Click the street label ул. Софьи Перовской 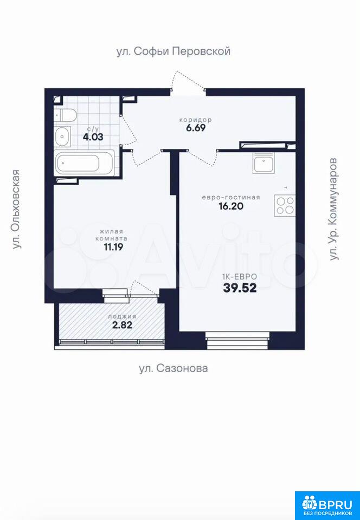click(x=173, y=52)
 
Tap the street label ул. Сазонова click(x=173, y=368)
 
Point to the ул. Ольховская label click(x=16, y=209)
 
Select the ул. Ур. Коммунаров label click(x=334, y=209)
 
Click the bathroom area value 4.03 click(x=93, y=136)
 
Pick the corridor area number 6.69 click(x=195, y=128)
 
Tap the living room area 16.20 click(x=231, y=206)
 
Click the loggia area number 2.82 click(x=122, y=325)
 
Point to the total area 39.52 click(x=240, y=288)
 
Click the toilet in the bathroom click(x=66, y=115)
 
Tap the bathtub click(x=85, y=163)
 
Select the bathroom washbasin click(x=63, y=136)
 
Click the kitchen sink click(x=264, y=163)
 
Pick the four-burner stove click(x=285, y=206)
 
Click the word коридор click(x=195, y=120)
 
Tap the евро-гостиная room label click(x=231, y=197)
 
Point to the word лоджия click(x=122, y=317)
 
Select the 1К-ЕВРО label click(x=240, y=276)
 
